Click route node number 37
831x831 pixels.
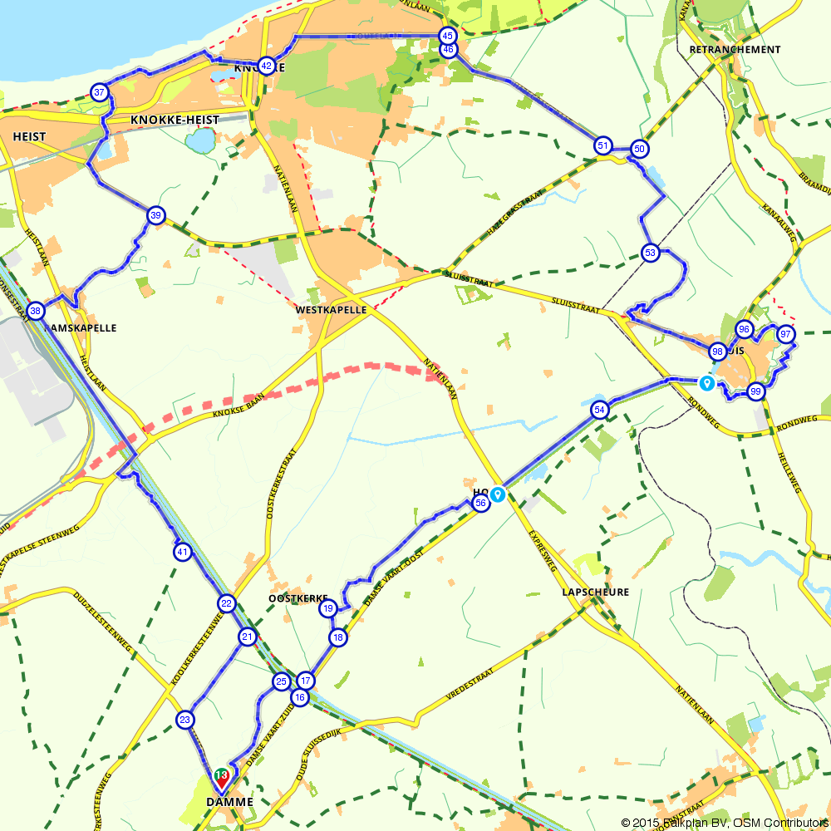tap(100, 92)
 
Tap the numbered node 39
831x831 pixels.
tap(155, 216)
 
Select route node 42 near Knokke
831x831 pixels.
tap(266, 66)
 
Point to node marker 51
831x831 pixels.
tap(603, 146)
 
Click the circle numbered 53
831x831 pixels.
tap(650, 253)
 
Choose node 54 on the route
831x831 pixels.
tap(600, 410)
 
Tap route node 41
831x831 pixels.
tap(183, 551)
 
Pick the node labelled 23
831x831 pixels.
tap(185, 719)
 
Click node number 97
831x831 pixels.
tap(785, 335)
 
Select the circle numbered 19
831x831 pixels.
tap(328, 608)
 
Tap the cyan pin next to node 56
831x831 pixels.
tap(498, 494)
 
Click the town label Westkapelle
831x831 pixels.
tap(331, 309)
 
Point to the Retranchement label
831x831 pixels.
tap(735, 50)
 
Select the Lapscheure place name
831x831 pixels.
tap(595, 593)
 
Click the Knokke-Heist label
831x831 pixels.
tap(175, 120)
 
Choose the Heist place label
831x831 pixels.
tap(29, 136)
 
